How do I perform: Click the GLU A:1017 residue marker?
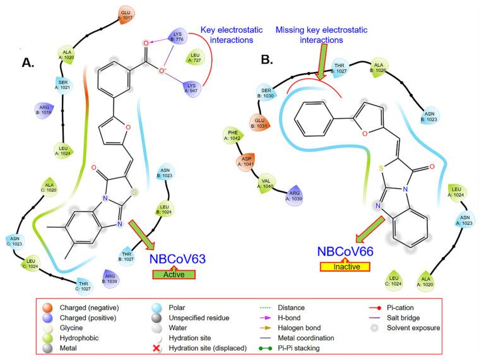[126, 15]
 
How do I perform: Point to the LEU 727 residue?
[196, 59]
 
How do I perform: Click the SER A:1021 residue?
[62, 85]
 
